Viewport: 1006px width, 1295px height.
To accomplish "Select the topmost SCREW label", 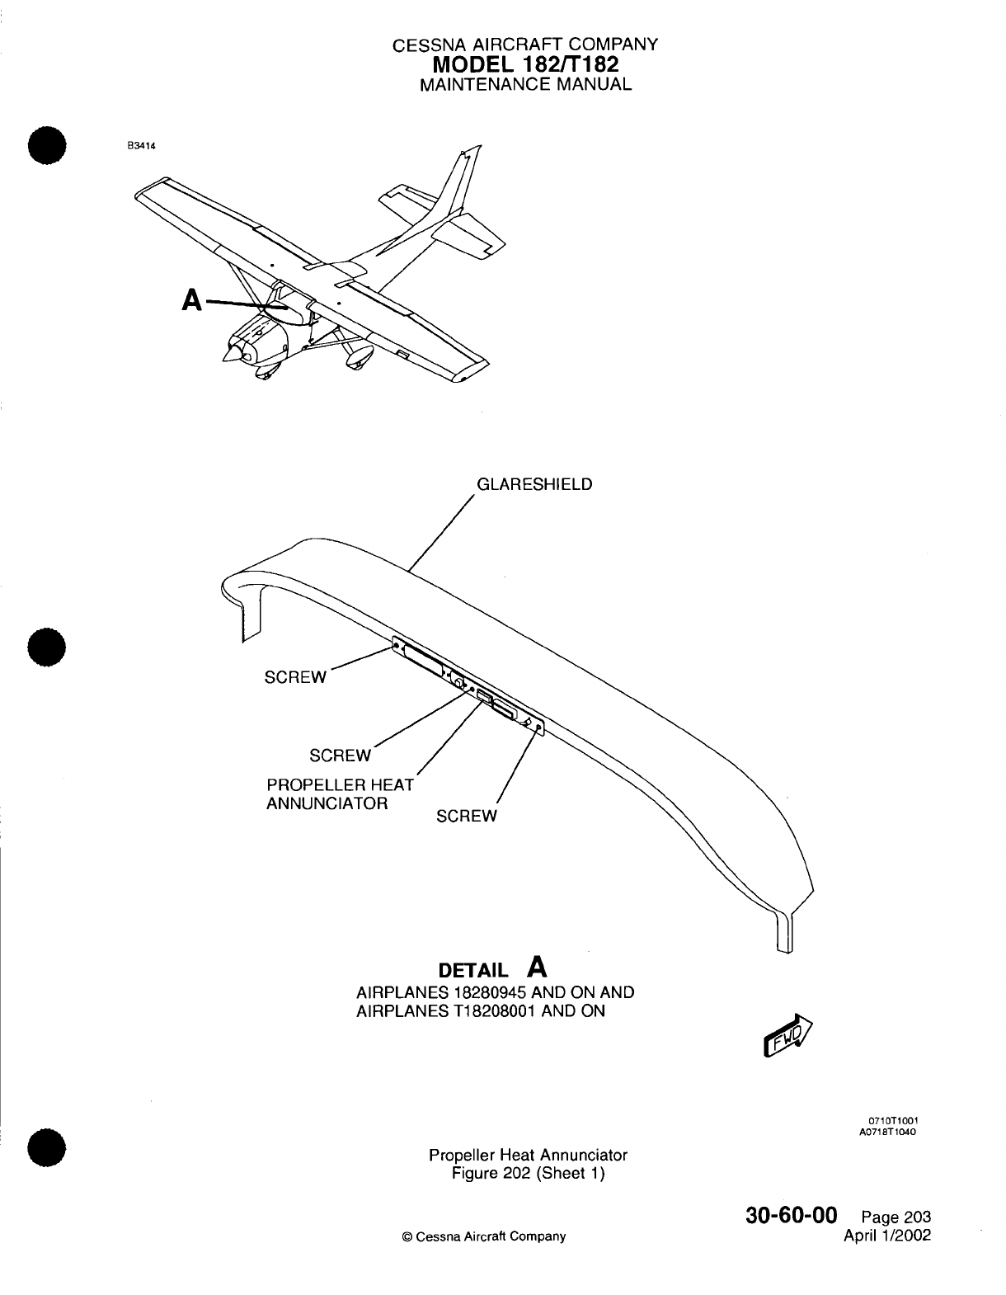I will click(x=294, y=677).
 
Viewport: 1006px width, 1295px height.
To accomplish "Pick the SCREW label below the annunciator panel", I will click(x=467, y=817).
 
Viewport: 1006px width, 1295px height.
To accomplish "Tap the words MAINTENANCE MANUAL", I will click(x=525, y=84).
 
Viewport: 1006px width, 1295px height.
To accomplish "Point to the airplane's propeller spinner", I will click(x=230, y=352).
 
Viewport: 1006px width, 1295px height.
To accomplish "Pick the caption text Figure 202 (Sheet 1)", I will click(x=529, y=1174).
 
